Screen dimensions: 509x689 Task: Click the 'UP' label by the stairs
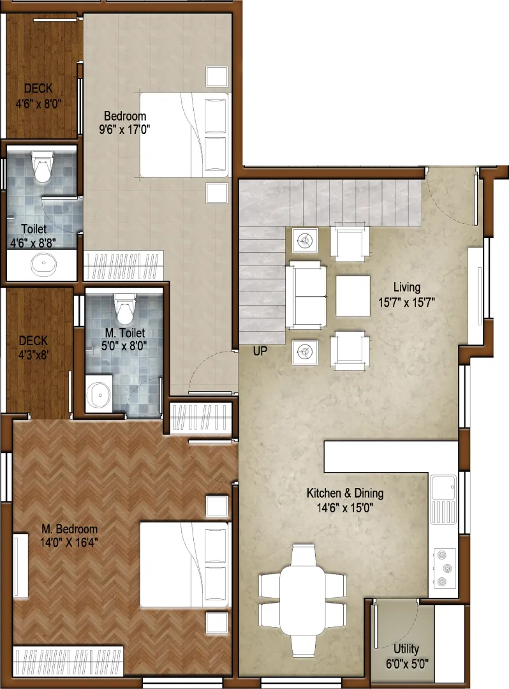pos(260,351)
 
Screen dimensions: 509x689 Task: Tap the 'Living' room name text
pos(407,287)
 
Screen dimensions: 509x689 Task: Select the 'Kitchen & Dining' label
pos(345,493)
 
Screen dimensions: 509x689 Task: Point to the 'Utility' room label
pos(406,649)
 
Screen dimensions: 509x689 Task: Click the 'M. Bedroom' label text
pos(70,529)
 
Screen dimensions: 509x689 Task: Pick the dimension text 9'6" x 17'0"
pos(125,130)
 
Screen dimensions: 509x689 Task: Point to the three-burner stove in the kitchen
pos(445,568)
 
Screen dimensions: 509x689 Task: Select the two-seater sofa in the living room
pos(307,295)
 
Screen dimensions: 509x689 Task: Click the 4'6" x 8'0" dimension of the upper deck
pos(39,104)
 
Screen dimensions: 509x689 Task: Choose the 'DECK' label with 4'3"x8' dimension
pos(33,341)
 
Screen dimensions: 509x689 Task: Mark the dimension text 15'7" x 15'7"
pos(407,302)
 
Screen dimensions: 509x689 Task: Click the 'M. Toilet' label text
pos(125,333)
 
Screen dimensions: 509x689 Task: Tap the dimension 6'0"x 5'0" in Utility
pos(407,663)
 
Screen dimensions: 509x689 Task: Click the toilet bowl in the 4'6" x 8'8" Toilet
pos(43,167)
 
